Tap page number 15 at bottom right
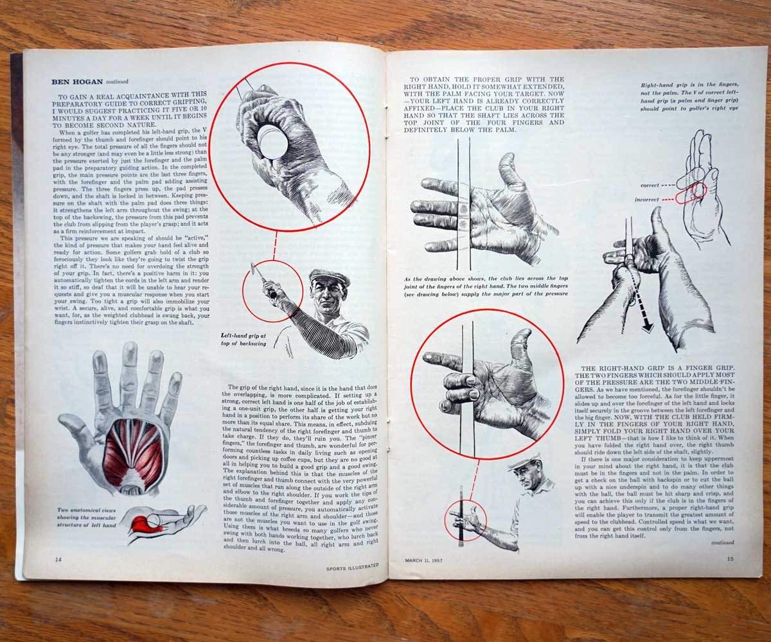click(x=730, y=558)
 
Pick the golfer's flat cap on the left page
click(x=329, y=277)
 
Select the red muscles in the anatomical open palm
click(x=133, y=455)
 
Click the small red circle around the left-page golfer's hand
click(x=272, y=290)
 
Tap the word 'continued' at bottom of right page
click(x=723, y=542)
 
